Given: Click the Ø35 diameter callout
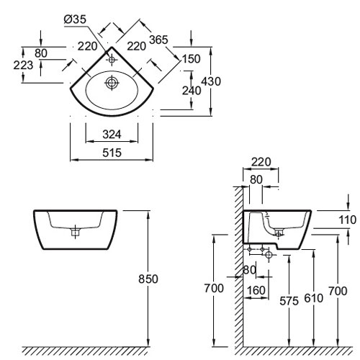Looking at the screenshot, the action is point(75,19).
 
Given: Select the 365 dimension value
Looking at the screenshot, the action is point(158,40).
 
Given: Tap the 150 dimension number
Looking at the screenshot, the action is point(191,59).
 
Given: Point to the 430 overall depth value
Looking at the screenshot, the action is point(211,81).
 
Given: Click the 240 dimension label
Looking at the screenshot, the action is point(192,91).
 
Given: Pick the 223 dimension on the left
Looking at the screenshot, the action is point(23,65).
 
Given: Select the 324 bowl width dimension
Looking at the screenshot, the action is point(112,135).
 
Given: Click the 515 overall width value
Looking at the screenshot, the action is point(112,153).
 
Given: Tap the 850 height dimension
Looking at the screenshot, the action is point(148,279).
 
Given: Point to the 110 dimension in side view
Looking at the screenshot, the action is point(347,220).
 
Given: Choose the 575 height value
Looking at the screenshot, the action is point(289,301).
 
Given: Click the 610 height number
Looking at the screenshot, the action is point(314,298).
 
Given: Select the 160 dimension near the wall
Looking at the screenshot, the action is point(256,290).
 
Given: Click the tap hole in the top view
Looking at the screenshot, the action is point(112,59).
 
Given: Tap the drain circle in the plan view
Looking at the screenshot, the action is point(112,83).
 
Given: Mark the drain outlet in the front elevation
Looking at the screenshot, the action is point(76,232).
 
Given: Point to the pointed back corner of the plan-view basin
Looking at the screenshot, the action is point(112,47).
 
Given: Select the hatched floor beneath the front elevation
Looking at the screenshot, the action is point(86,351).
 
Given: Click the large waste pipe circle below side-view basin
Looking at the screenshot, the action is point(269,255).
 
